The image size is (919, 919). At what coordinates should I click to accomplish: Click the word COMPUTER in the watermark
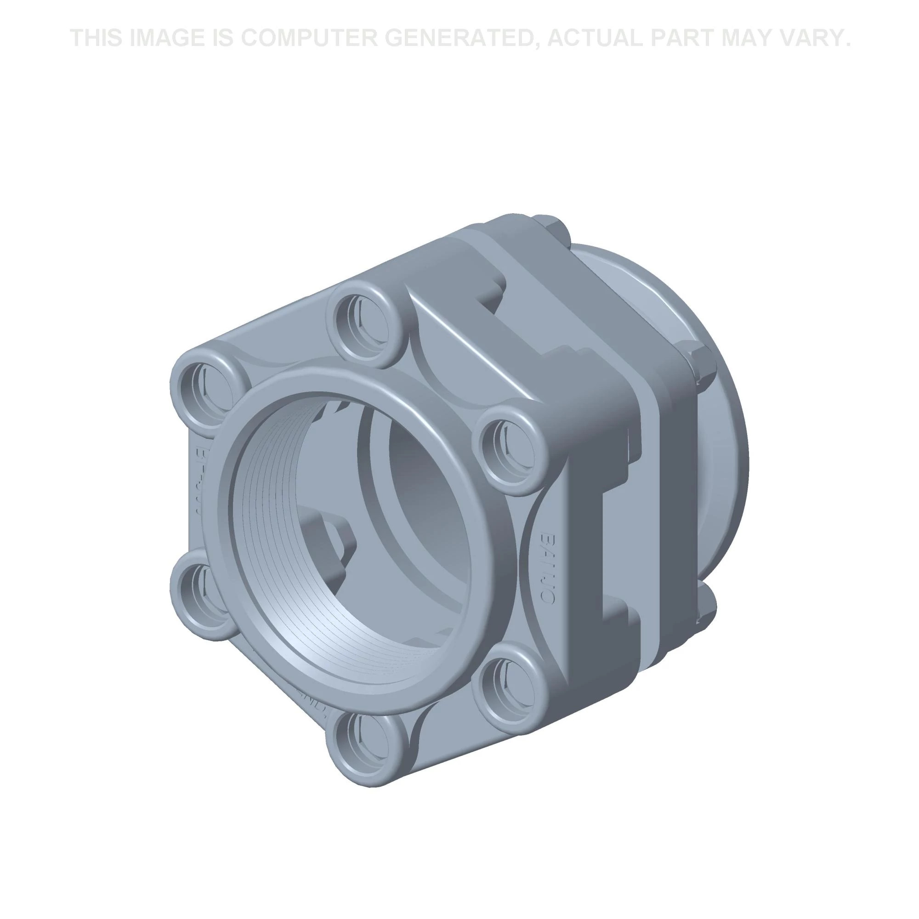tap(306, 38)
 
